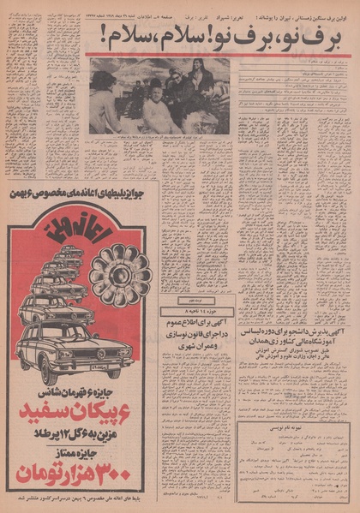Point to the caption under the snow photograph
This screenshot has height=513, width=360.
163,137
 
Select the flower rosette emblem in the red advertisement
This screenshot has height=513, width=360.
120,274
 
